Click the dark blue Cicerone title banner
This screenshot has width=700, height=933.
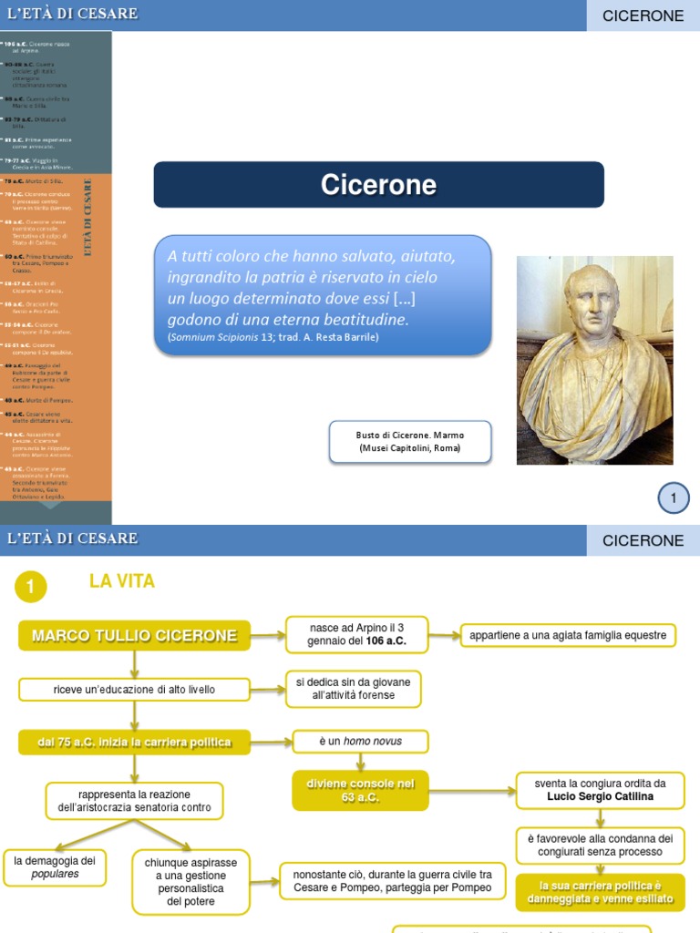[x=378, y=185]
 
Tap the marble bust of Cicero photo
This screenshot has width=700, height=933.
[x=594, y=360]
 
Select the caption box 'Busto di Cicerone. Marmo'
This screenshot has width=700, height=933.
[x=409, y=442]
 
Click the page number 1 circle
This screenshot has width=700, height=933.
[x=674, y=497]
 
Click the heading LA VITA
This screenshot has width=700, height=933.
[x=122, y=581]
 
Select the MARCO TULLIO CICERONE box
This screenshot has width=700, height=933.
[x=134, y=636]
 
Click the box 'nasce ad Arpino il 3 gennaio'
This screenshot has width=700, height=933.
[x=357, y=634]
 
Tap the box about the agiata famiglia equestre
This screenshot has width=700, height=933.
[x=568, y=635]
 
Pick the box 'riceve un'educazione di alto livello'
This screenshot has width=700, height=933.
[x=134, y=690]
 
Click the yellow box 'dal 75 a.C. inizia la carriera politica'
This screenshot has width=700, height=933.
[x=134, y=743]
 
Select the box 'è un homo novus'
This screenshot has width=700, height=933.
[x=360, y=742]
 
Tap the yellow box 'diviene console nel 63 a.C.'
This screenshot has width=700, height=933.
[x=360, y=790]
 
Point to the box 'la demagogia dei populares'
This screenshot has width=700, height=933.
[x=55, y=866]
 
